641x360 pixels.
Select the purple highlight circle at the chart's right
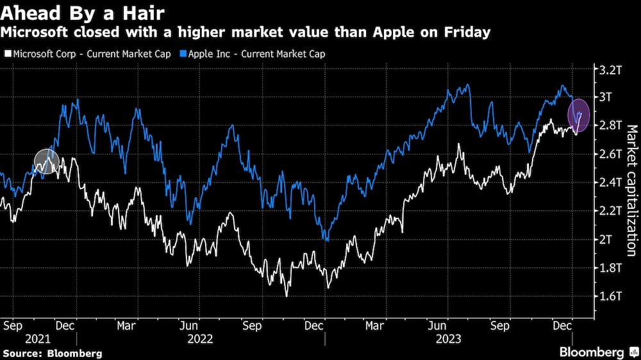[579, 115]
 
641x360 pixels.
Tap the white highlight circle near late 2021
[46, 161]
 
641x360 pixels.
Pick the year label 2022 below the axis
[200, 338]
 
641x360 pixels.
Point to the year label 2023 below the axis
[449, 338]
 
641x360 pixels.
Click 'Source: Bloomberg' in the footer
[51, 353]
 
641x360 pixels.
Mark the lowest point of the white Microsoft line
[287, 296]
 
